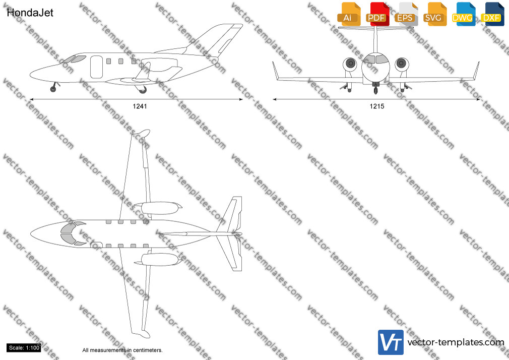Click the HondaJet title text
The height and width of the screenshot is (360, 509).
pyautogui.click(x=30, y=13)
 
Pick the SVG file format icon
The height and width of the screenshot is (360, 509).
pyautogui.click(x=434, y=15)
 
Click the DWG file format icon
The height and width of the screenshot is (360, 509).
pyautogui.click(x=463, y=15)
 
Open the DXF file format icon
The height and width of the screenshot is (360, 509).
pyautogui.click(x=492, y=15)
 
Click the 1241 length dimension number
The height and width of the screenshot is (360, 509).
pyautogui.click(x=140, y=106)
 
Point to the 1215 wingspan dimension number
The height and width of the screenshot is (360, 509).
pyautogui.click(x=377, y=106)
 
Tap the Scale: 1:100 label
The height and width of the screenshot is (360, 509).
pyautogui.click(x=24, y=348)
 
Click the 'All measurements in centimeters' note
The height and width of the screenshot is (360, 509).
pyautogui.click(x=122, y=350)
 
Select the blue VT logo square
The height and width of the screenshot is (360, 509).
pyautogui.click(x=391, y=342)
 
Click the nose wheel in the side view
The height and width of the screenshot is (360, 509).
pyautogui.click(x=53, y=89)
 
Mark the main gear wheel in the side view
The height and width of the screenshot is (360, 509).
pyautogui.click(x=143, y=90)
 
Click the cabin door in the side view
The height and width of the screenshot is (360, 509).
pyautogui.click(x=96, y=67)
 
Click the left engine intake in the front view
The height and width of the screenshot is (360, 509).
pyautogui.click(x=350, y=64)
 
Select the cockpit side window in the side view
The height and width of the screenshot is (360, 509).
pyautogui.click(x=79, y=58)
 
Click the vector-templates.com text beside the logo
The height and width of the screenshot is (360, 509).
pyautogui.click(x=456, y=342)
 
